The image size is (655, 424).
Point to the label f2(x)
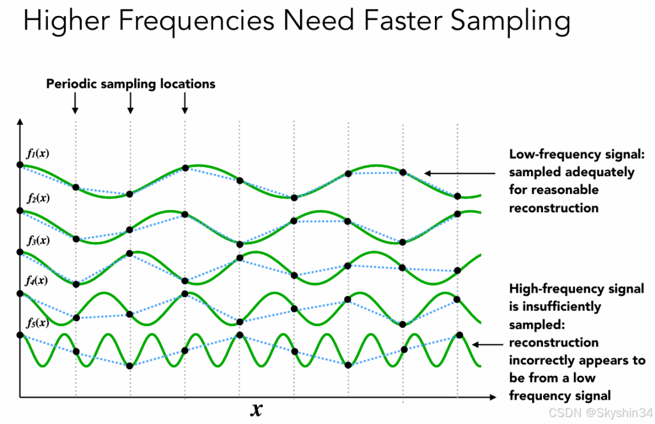[x=38, y=198]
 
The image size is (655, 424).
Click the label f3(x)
[x=38, y=241]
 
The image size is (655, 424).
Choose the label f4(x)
[x=38, y=281]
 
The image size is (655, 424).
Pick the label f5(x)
[x=38, y=322]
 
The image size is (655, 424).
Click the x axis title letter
[x=256, y=409]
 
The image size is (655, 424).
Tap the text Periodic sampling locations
[x=130, y=84]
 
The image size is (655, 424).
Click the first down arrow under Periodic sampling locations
[x=75, y=102]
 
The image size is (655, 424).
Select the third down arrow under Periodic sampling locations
[x=185, y=102]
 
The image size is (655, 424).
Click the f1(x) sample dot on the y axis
[x=20, y=165]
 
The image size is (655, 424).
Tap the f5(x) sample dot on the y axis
[x=20, y=335]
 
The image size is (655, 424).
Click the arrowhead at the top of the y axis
[x=20, y=122]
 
